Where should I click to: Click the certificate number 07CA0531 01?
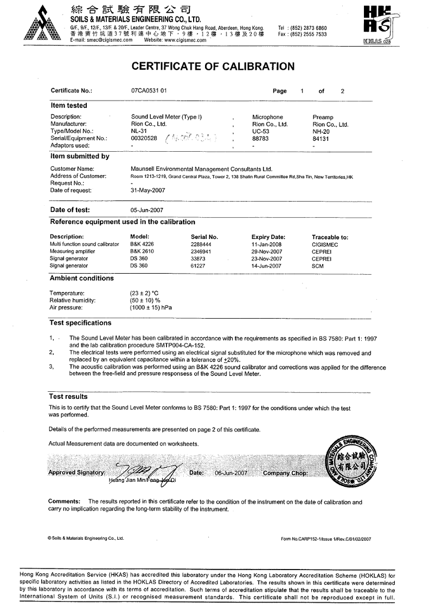click(149, 91)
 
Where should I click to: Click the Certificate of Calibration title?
click(214, 67)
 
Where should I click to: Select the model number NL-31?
click(139, 131)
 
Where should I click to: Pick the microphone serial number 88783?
click(261, 138)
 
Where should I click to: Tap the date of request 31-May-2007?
click(148, 190)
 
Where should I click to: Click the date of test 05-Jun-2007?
click(148, 210)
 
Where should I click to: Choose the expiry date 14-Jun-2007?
click(266, 266)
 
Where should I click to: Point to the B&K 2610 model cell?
click(142, 252)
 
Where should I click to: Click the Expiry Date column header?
click(268, 237)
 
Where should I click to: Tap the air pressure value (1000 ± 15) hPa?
click(151, 307)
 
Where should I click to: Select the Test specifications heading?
click(80, 323)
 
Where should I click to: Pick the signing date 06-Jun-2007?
click(231, 473)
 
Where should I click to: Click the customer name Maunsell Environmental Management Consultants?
click(201, 169)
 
